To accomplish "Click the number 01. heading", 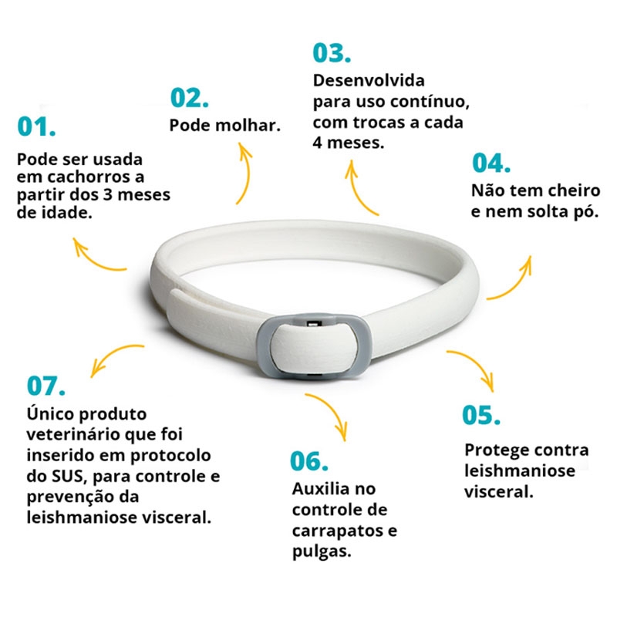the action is (x=36, y=126).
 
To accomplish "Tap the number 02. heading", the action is (x=189, y=98).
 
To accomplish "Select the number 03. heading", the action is (x=332, y=52).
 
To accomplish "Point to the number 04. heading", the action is (x=491, y=163).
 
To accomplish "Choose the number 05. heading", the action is (x=481, y=415).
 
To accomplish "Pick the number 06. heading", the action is (x=309, y=460).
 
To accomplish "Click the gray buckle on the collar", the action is (x=314, y=346).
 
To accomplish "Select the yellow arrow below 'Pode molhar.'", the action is (x=248, y=173).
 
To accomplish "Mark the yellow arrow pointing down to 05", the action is (x=477, y=362).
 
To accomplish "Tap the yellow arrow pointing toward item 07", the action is (x=111, y=354).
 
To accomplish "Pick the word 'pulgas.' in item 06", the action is (x=322, y=551).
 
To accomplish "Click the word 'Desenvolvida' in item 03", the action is (x=369, y=80).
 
